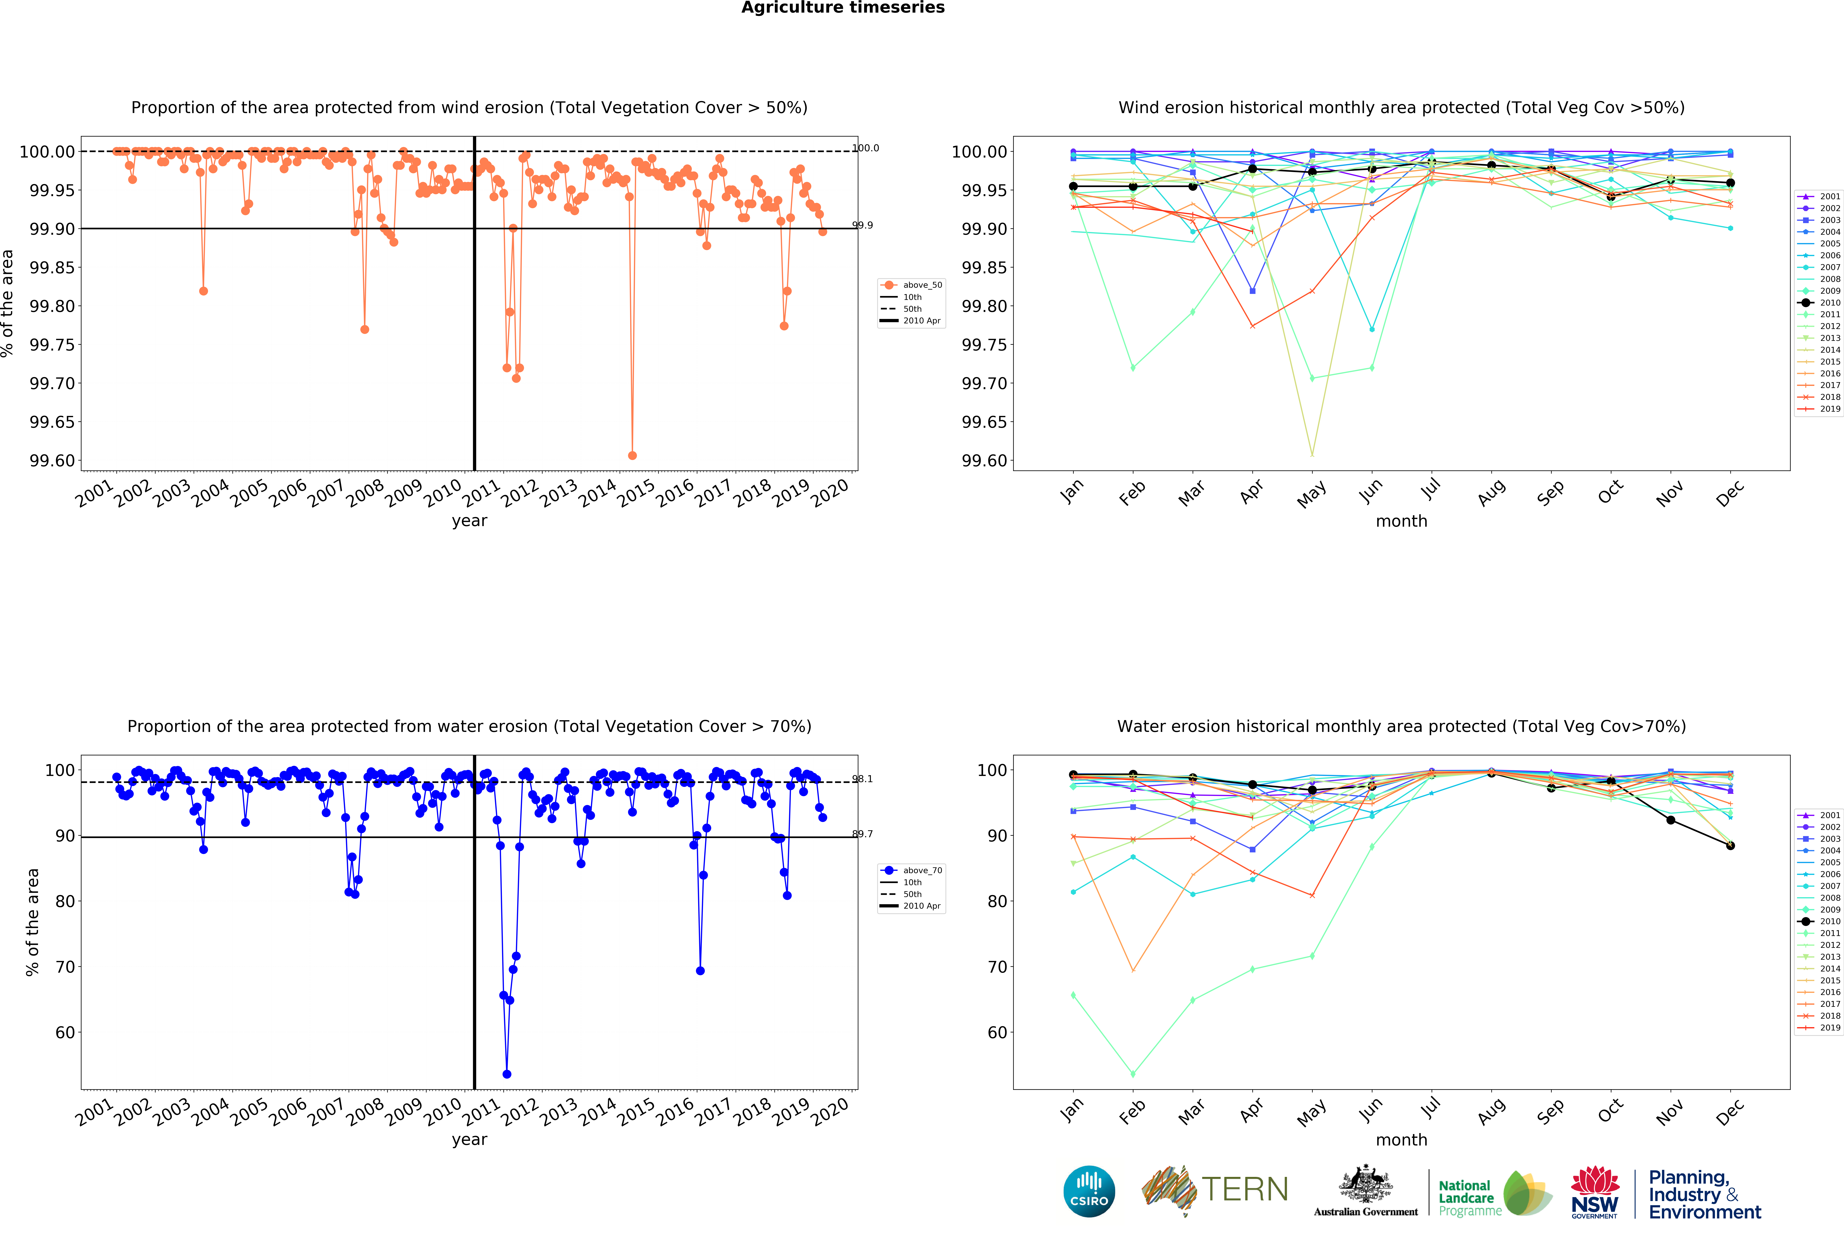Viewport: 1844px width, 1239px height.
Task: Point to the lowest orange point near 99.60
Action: (632, 455)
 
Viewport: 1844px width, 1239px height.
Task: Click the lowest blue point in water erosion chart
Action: (506, 1074)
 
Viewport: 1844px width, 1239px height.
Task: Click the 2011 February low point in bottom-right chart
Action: (1133, 1074)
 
